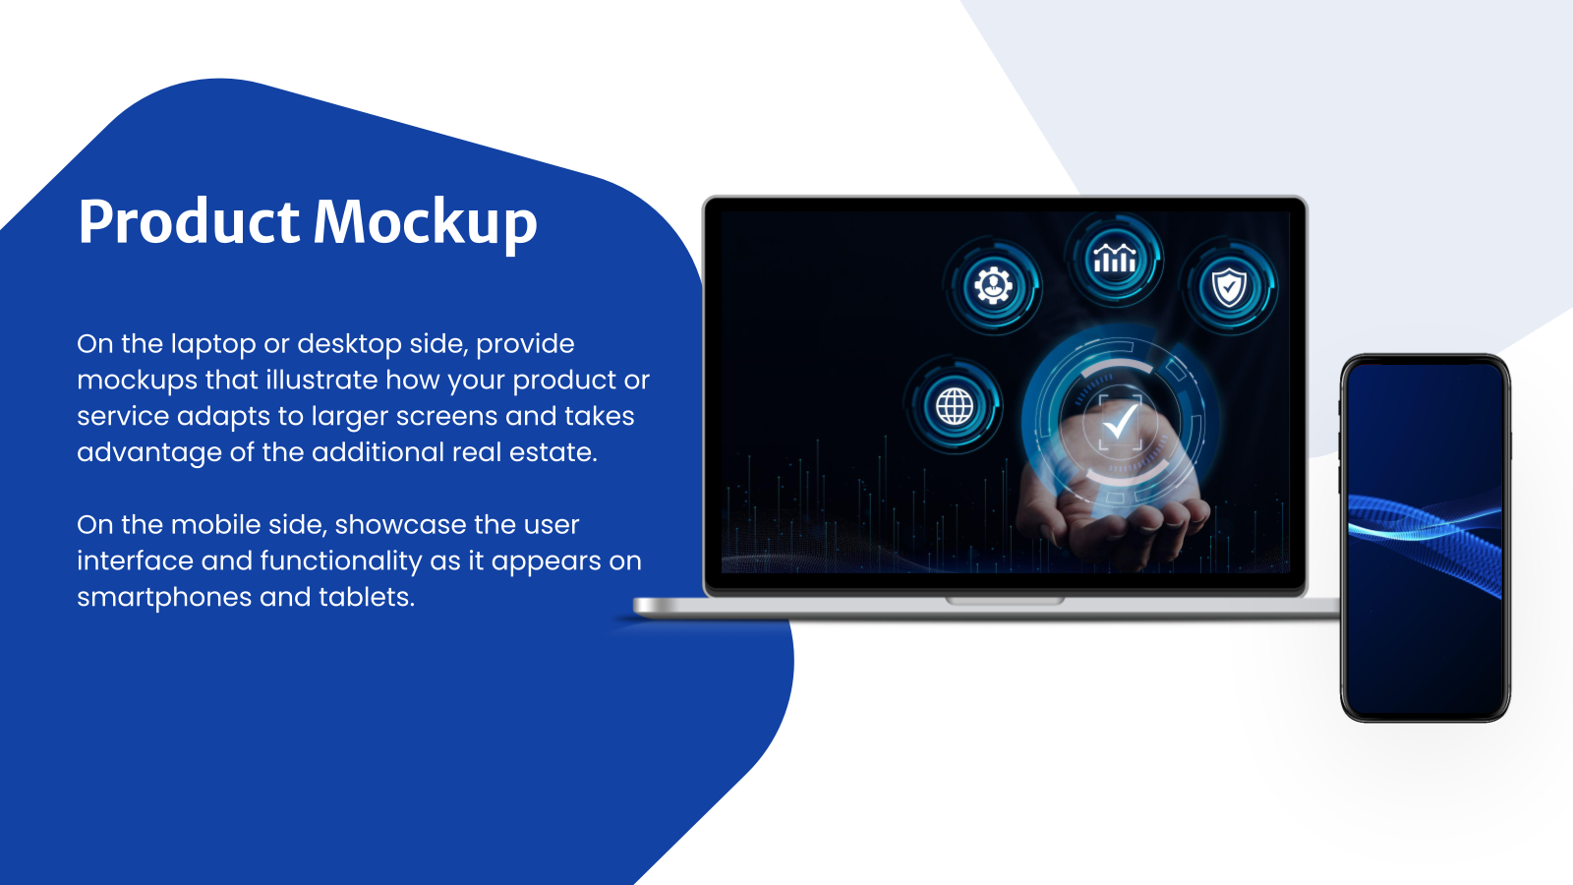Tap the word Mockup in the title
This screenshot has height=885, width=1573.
tap(425, 223)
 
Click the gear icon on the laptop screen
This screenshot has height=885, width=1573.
tap(993, 286)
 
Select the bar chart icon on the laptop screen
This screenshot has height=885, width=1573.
tap(1115, 261)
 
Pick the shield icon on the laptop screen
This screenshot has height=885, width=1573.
tap(1229, 288)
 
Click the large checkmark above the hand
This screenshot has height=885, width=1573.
tap(1120, 424)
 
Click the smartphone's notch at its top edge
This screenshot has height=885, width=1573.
tap(1425, 362)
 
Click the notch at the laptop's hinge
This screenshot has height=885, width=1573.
tap(1005, 600)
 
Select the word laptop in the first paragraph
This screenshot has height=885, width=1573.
tap(213, 344)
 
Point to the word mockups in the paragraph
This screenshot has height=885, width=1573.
tap(137, 381)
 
